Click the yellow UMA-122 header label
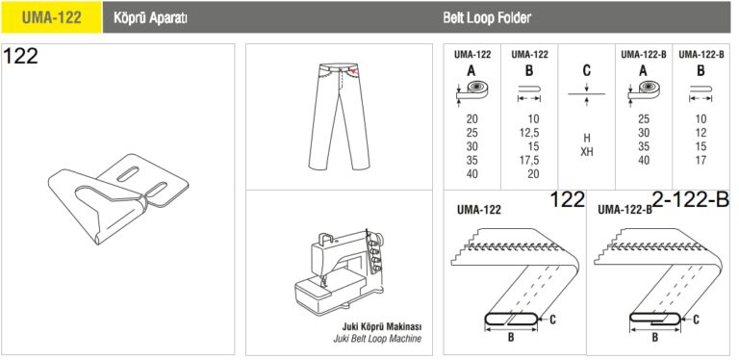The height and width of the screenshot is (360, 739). click(51, 17)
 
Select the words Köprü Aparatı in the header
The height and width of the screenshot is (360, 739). click(151, 18)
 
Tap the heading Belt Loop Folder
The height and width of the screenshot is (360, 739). click(487, 18)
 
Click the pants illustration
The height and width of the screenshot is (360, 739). click(339, 116)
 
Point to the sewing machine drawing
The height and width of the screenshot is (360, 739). click(339, 272)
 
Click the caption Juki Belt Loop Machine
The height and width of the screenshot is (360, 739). click(377, 338)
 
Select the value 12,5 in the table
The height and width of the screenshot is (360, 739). click(529, 133)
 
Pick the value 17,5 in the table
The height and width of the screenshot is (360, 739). click(529, 160)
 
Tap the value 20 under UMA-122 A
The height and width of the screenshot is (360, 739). click(471, 119)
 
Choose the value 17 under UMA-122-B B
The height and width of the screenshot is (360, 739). click(701, 160)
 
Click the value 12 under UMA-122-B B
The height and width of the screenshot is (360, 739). click(701, 133)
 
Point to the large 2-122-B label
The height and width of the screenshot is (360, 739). click(691, 200)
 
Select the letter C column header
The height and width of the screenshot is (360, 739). click(587, 71)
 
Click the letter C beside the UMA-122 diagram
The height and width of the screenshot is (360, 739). click(553, 320)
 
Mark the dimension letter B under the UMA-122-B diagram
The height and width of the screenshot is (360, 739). click(655, 337)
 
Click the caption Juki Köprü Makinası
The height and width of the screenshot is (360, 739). click(381, 326)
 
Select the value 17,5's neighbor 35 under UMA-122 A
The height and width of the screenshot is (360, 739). click(471, 160)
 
